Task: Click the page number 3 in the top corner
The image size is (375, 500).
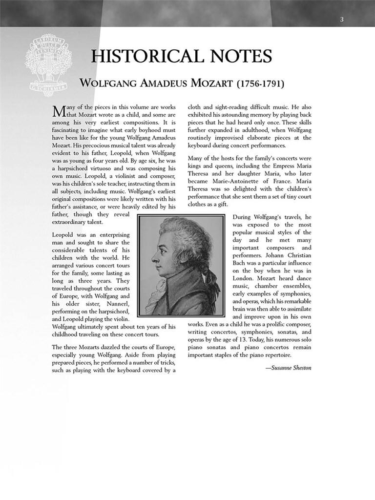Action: click(x=342, y=20)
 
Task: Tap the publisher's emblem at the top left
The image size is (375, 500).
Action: click(x=48, y=58)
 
